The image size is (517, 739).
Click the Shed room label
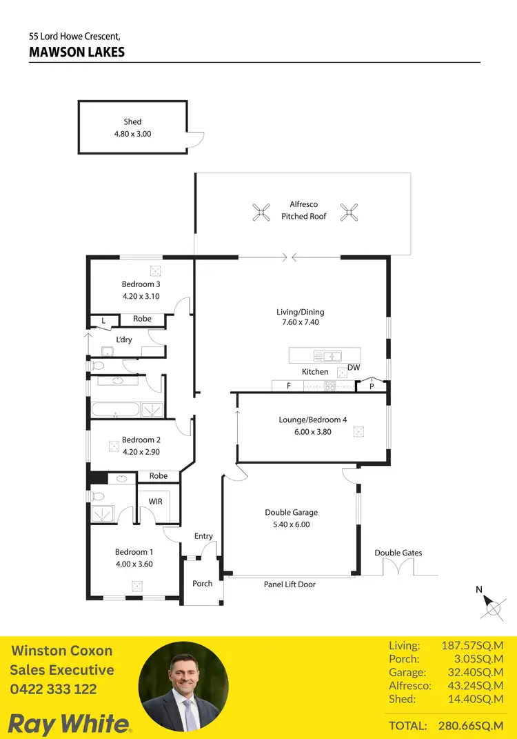(132, 122)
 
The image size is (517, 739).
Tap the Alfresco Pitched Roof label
(303, 210)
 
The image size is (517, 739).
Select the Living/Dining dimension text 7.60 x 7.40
(300, 322)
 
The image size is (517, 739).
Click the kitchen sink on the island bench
(327, 356)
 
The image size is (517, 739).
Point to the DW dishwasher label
(354, 368)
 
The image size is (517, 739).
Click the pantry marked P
(372, 386)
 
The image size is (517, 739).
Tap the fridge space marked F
(289, 386)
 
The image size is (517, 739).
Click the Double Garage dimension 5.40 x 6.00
(291, 524)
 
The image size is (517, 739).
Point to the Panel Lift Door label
(290, 584)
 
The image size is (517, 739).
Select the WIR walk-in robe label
(156, 502)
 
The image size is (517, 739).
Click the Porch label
(202, 584)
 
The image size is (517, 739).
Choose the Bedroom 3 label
(141, 284)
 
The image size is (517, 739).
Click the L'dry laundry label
(124, 339)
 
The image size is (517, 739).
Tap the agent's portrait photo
(183, 687)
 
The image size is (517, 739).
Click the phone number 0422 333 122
(53, 689)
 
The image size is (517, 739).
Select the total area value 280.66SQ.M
(471, 726)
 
